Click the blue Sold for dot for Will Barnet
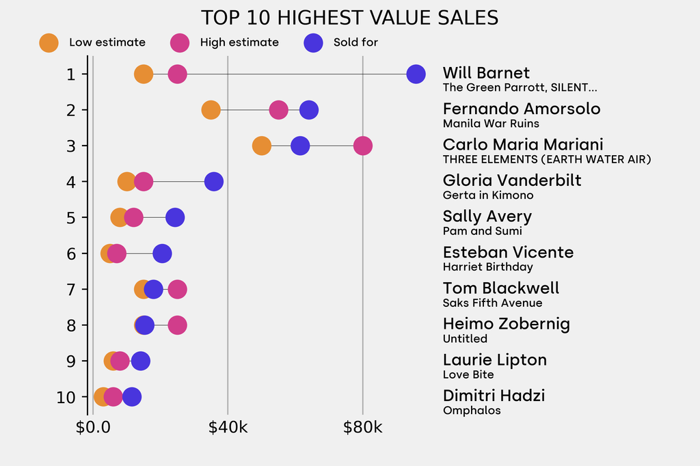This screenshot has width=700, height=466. pyautogui.click(x=416, y=74)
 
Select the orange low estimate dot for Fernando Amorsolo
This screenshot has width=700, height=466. pyautogui.click(x=211, y=110)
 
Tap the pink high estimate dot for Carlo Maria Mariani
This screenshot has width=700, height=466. pyautogui.click(x=363, y=146)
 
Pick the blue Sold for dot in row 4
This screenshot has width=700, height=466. pyautogui.click(x=214, y=182)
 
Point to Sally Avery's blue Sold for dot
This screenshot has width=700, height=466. pyautogui.click(x=175, y=217)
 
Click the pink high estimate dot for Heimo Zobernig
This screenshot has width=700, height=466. pyautogui.click(x=177, y=325)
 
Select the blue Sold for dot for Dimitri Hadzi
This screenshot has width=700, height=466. pyautogui.click(x=132, y=397)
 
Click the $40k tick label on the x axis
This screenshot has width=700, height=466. pyautogui.click(x=228, y=428)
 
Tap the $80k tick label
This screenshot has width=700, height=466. pyautogui.click(x=363, y=428)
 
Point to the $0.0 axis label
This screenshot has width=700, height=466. pyautogui.click(x=93, y=428)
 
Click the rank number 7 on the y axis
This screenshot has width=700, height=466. pyautogui.click(x=71, y=289)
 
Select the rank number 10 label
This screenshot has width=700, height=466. pyautogui.click(x=66, y=397)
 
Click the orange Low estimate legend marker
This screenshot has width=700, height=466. pyautogui.click(x=49, y=42)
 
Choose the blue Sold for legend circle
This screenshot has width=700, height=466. pyautogui.click(x=312, y=42)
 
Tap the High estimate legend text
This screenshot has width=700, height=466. pyautogui.click(x=239, y=42)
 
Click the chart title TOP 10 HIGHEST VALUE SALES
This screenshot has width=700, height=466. pyautogui.click(x=349, y=17)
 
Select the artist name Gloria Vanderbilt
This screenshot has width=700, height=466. pyautogui.click(x=512, y=180)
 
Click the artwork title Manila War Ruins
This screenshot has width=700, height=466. pyautogui.click(x=491, y=124)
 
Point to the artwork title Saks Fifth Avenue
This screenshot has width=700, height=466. pyautogui.click(x=492, y=303)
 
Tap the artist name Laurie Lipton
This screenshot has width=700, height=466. pyautogui.click(x=495, y=360)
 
